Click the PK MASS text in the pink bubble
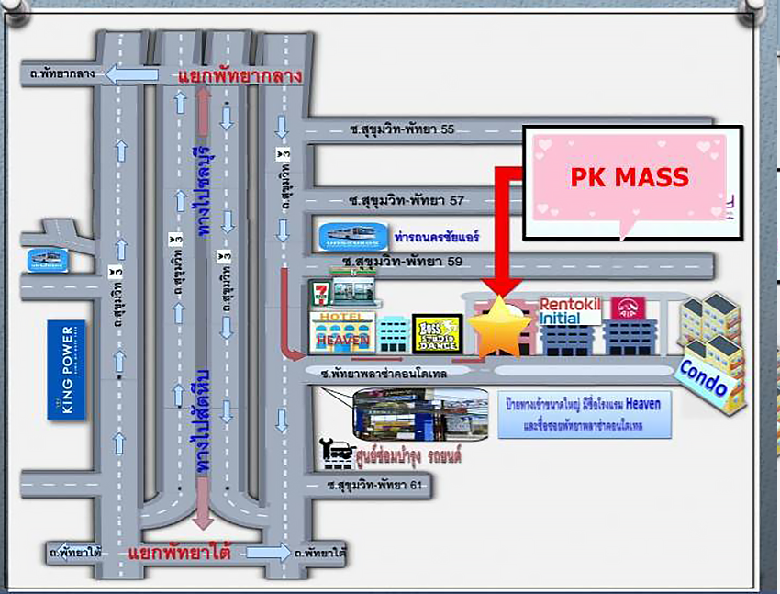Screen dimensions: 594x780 (x=630, y=176)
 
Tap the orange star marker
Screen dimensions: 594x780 (x=500, y=328)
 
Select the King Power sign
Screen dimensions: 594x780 (x=67, y=369)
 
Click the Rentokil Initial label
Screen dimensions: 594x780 (x=570, y=310)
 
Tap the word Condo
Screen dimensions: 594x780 (x=702, y=376)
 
